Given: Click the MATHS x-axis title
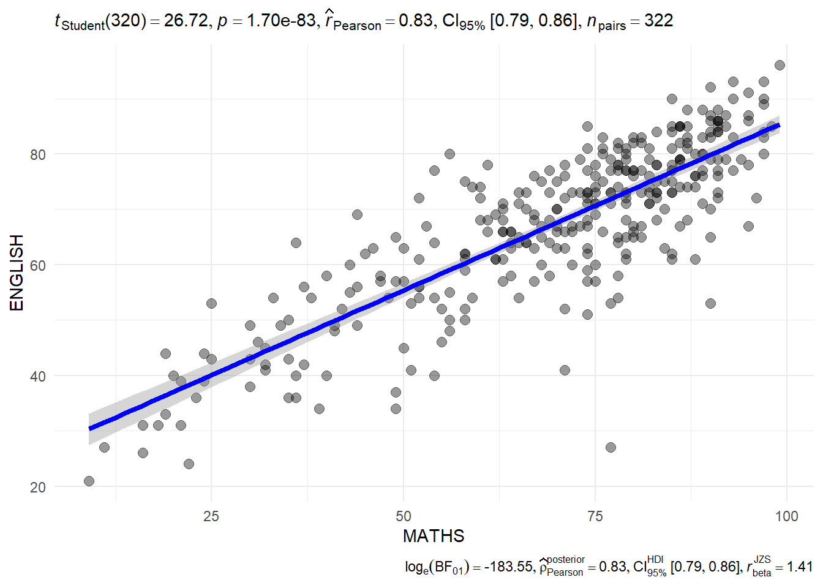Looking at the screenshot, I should coord(434,537).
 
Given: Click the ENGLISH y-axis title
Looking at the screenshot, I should coord(17,273).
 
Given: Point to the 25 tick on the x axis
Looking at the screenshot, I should coord(211,516).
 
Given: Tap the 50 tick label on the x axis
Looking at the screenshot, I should coord(403,516).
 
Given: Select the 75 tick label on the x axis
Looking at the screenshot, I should coord(595,516).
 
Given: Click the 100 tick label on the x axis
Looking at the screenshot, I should coord(786,516).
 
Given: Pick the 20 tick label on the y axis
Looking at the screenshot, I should coord(38,488).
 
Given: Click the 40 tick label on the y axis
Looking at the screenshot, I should coord(38,377).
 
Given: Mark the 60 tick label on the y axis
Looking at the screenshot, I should coord(38,266).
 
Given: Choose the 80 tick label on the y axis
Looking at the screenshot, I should coord(38,155).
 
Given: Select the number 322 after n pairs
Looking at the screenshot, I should coord(659,21).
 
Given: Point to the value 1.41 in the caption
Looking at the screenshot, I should coord(800,567).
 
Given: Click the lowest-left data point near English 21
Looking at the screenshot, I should coord(89,481).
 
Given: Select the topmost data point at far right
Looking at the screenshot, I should coord(780,66).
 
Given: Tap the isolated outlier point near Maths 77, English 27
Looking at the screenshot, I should coord(611,448).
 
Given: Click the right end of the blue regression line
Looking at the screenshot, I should coord(778,126).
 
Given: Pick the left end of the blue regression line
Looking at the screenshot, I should coord(90,428).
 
